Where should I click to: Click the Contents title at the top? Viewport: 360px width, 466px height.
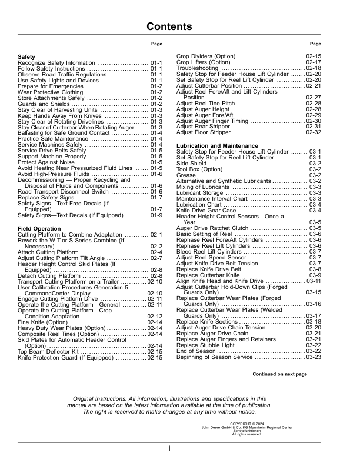[169, 26]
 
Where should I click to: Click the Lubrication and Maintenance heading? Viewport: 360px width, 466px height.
[212, 145]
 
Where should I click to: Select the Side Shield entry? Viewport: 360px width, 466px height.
[192, 163]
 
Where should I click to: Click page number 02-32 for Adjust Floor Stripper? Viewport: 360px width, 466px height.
[314, 132]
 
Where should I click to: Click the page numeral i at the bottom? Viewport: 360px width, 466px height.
[169, 448]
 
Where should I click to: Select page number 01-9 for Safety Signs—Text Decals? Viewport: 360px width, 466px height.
[156, 215]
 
